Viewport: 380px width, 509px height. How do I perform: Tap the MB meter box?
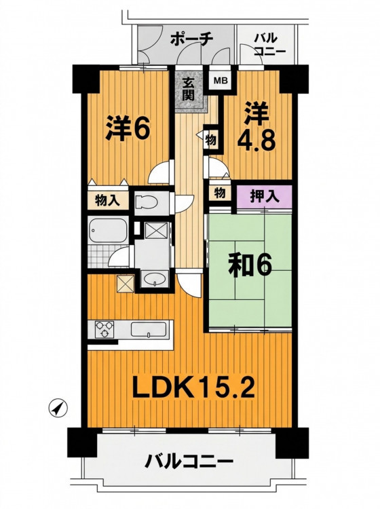click(x=223, y=80)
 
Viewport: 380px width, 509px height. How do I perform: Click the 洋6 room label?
click(x=128, y=128)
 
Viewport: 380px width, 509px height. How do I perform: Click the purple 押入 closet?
click(x=264, y=197)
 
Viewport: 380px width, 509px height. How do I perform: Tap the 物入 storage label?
click(x=107, y=201)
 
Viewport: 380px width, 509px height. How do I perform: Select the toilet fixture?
click(x=146, y=203)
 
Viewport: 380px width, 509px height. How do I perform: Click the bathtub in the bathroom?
click(x=108, y=230)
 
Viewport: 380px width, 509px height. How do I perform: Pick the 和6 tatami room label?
click(x=250, y=266)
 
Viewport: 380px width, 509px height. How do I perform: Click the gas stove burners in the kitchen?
click(x=104, y=329)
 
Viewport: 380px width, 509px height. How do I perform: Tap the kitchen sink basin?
click(x=149, y=329)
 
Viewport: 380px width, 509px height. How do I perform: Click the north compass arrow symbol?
click(x=58, y=408)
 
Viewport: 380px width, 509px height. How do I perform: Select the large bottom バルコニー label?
click(x=189, y=461)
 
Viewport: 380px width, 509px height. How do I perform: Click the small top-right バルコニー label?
click(x=268, y=45)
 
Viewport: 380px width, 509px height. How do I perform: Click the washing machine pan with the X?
click(x=157, y=231)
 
